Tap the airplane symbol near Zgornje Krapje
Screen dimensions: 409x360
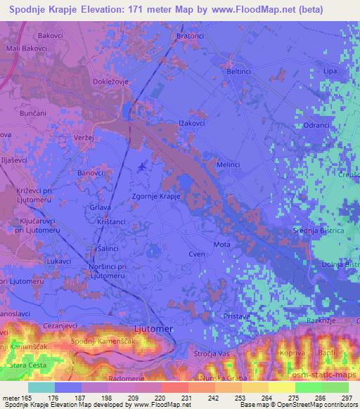click(x=144, y=167)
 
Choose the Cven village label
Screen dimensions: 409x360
click(x=197, y=254)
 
